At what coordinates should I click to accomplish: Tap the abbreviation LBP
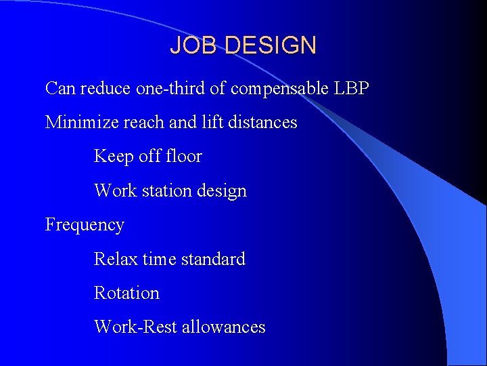point(352,88)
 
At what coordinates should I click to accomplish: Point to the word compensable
point(280,89)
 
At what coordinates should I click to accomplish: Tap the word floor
point(184,157)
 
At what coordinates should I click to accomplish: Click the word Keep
point(113,157)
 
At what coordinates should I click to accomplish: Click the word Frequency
point(85,225)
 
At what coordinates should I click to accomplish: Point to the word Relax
point(115,259)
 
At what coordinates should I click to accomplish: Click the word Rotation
point(126,293)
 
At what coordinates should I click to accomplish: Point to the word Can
point(60,88)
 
